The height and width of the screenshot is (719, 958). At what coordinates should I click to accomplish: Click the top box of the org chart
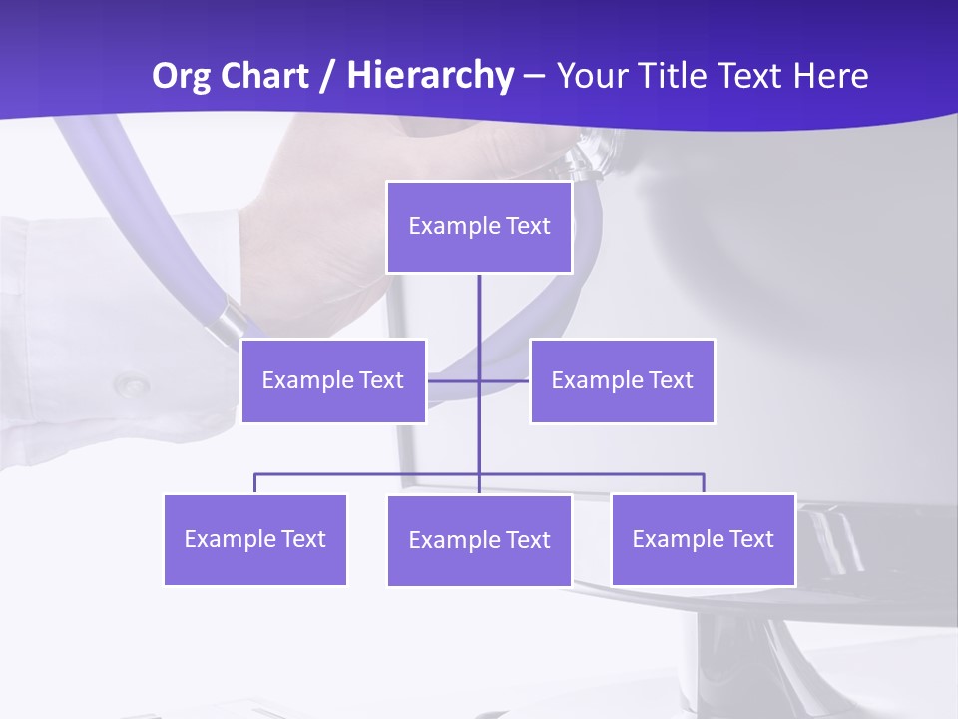pos(479,227)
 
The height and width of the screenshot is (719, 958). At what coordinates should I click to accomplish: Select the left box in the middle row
pos(333,380)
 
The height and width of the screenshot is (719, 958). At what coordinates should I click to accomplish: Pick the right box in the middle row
pos(622,380)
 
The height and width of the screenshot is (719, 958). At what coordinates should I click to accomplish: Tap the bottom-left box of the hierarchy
pos(254,539)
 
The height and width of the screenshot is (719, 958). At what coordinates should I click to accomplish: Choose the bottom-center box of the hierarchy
pos(479,540)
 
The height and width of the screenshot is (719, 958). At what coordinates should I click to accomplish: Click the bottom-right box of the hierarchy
pos(703,539)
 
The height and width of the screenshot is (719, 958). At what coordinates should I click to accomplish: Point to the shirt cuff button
pos(131,383)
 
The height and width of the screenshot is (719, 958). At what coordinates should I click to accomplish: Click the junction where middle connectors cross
pos(479,380)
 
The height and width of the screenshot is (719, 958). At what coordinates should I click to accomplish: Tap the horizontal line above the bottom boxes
pos(369,474)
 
